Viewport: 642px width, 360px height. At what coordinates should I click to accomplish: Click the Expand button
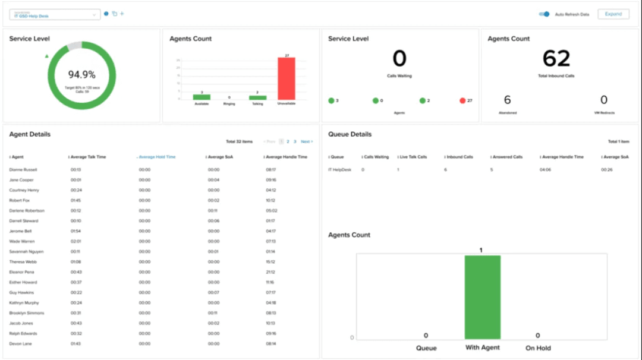point(613,14)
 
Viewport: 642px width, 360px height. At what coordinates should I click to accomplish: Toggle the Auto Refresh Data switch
point(544,14)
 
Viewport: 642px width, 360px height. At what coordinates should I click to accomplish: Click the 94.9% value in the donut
point(82,75)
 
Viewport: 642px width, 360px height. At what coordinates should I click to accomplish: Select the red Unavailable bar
point(286,78)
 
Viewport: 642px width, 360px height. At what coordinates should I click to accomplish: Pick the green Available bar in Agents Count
point(202,97)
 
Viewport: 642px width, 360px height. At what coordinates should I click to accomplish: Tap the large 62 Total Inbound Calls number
point(556,59)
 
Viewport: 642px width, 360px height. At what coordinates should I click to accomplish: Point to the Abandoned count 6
point(507,100)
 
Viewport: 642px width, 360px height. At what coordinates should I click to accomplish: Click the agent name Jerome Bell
point(21,231)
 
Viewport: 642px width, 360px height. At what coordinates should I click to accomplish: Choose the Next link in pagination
point(306,142)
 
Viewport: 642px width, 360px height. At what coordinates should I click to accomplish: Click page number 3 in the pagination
point(295,142)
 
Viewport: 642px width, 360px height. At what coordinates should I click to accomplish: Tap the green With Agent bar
point(482,297)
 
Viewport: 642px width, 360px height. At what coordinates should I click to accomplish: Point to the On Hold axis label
point(538,348)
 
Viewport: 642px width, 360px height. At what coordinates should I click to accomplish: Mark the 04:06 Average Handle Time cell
point(546,170)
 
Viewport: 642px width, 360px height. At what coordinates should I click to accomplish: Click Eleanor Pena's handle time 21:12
point(270,272)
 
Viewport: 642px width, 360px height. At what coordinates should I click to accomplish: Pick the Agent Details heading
point(30,134)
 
